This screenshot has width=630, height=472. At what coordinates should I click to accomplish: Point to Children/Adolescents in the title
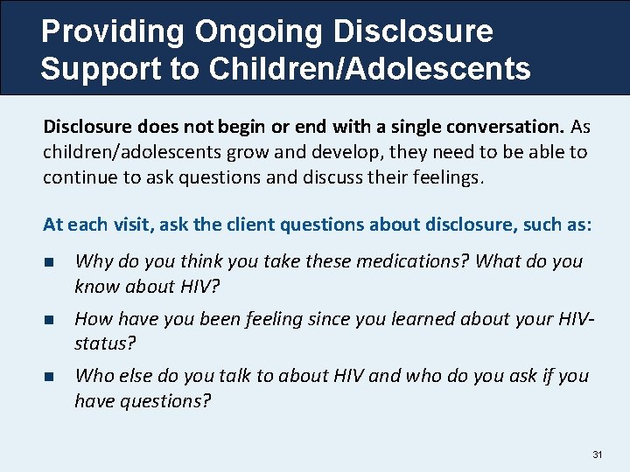pos(368,69)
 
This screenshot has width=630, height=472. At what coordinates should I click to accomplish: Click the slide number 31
pos(598,455)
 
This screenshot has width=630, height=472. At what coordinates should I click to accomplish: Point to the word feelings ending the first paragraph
pos(444,177)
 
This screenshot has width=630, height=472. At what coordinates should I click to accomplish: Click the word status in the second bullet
pos(100,344)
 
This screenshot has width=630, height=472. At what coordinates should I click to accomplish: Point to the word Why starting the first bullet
pos(94,262)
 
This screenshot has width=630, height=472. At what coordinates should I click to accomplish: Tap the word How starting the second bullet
pos(94,319)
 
